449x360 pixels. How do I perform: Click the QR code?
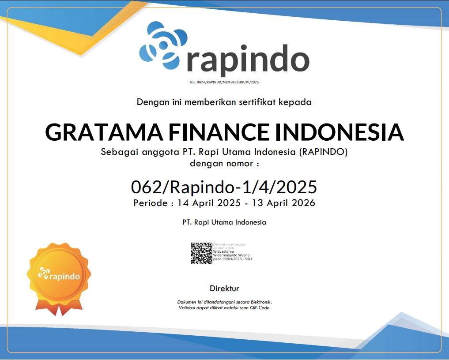click(x=201, y=253)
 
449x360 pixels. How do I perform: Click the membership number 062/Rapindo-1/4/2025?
click(x=224, y=187)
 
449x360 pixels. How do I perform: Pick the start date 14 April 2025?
click(x=209, y=203)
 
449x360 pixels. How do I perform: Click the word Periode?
click(x=150, y=203)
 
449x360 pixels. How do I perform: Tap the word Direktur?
click(x=224, y=289)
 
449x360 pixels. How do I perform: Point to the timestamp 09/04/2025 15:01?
click(x=238, y=259)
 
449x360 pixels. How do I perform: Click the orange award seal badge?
click(x=59, y=276)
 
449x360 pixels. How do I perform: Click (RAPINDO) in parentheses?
click(x=324, y=152)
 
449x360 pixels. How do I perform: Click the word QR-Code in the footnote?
click(x=260, y=307)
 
